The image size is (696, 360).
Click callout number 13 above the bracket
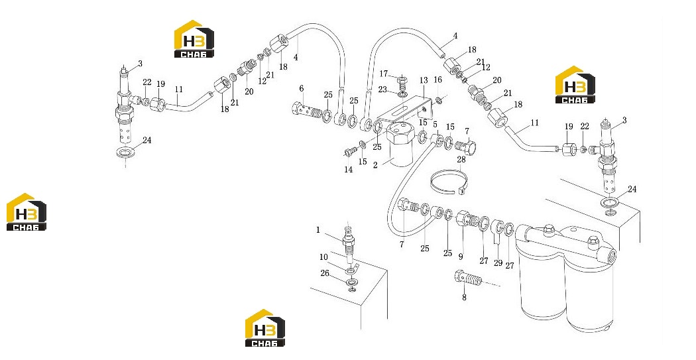coord(424,80)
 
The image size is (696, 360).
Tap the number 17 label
coord(384,73)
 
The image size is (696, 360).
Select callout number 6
coord(302,89)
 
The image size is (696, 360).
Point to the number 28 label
coord(461,159)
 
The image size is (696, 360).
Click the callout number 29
coord(498,263)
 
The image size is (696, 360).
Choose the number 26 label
coord(325,273)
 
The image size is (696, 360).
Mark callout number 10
coord(323,257)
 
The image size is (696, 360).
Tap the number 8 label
coord(464,298)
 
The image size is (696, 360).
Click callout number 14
coord(349,170)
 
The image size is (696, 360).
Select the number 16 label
coord(437,80)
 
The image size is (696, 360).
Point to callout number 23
coord(383,90)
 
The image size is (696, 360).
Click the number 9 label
coord(461,256)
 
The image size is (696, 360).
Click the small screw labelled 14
coord(350,152)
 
